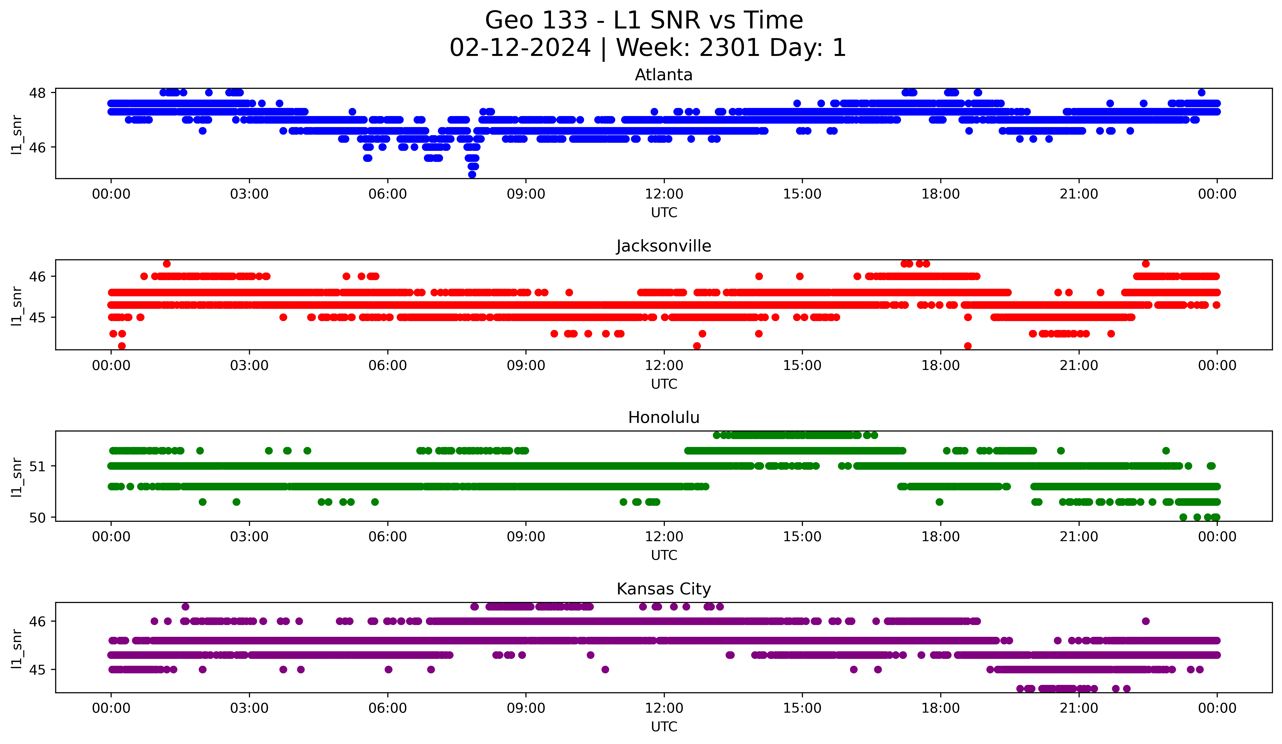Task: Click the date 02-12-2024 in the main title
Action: click(520, 48)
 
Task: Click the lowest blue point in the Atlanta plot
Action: click(472, 174)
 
